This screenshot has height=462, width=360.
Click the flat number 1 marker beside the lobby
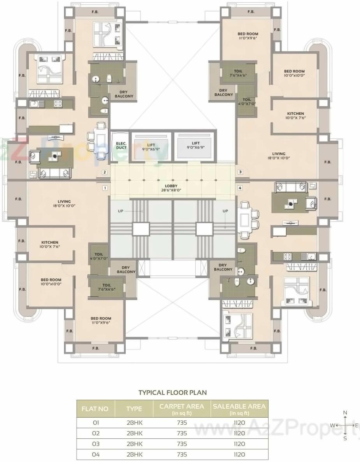(104, 188)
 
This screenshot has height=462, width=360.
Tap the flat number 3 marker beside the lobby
(240, 172)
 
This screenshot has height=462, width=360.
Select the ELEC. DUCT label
(121, 145)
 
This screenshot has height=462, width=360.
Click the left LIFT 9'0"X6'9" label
(151, 146)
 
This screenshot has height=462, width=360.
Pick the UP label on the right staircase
(225, 211)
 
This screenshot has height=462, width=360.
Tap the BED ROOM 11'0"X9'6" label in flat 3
(248, 36)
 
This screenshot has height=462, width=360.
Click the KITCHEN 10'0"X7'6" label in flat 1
(50, 245)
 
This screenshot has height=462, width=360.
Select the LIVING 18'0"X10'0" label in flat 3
(279, 156)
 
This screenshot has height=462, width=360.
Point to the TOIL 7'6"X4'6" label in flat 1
(107, 287)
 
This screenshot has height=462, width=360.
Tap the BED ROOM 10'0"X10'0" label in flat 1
(51, 282)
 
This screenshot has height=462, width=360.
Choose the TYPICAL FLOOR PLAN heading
(172, 393)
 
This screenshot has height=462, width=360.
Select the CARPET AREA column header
(181, 409)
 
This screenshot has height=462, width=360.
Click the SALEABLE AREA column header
(239, 409)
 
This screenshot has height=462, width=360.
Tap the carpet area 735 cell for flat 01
(182, 423)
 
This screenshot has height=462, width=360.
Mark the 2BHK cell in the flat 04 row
(134, 455)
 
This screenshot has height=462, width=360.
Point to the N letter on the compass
(345, 413)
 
